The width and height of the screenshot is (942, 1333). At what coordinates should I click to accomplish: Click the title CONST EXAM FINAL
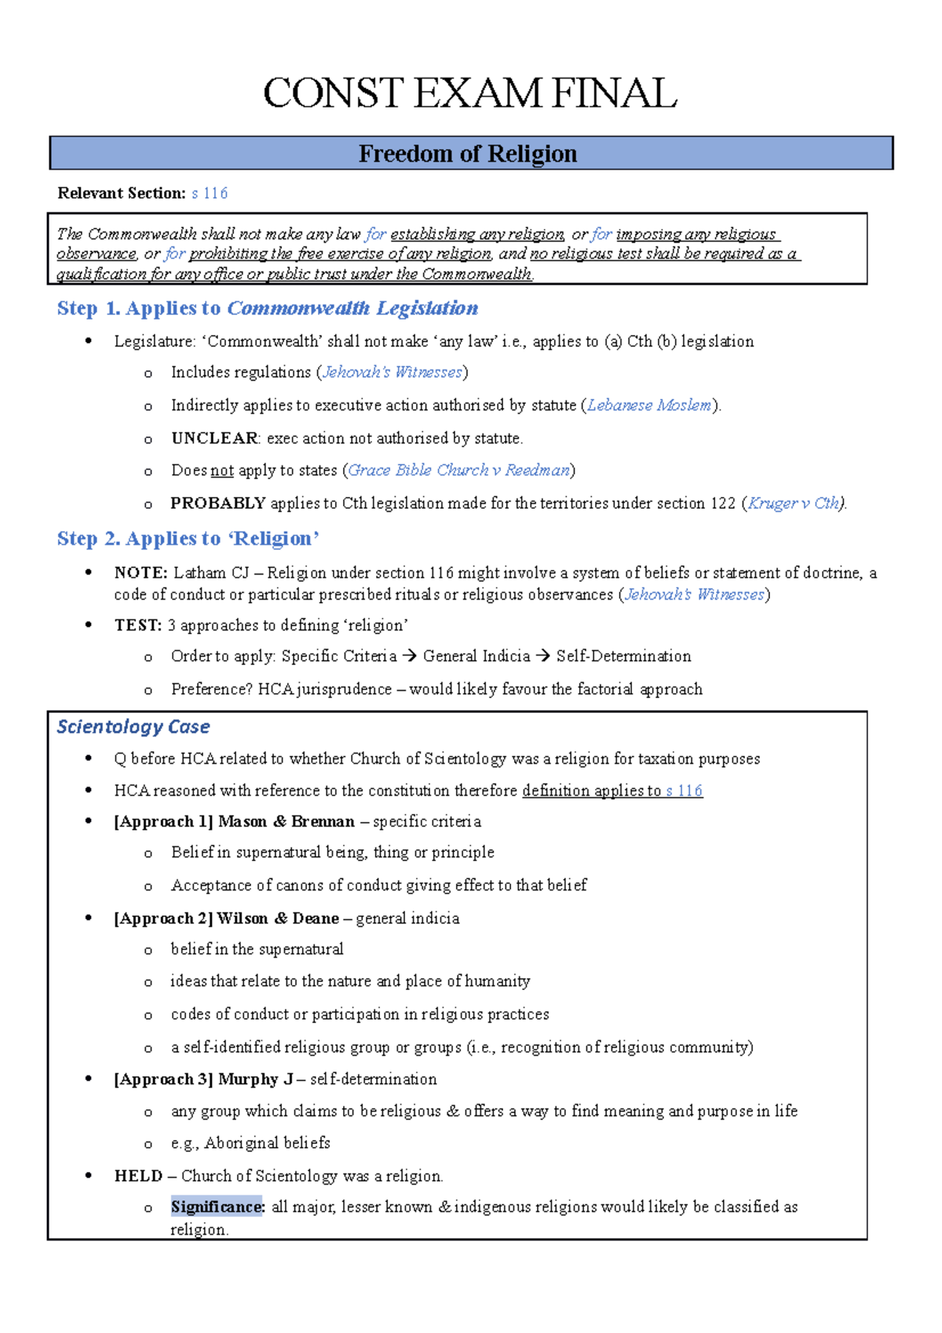coord(469,93)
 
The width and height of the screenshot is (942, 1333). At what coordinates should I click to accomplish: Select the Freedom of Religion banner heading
coord(468,154)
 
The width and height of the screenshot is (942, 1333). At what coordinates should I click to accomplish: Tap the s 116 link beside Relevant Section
coord(210,193)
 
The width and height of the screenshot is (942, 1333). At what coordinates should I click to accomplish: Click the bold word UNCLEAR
coord(214,438)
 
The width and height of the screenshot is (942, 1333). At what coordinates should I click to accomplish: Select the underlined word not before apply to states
coord(222,470)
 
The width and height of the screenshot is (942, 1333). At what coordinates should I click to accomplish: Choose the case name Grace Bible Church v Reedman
coord(458,470)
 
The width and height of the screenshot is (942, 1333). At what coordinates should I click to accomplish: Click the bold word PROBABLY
coord(218,503)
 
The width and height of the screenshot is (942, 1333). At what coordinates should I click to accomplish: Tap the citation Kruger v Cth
coord(793,503)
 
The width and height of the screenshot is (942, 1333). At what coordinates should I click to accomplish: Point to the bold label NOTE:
coord(141,573)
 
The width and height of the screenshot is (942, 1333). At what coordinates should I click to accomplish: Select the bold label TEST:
coord(138,626)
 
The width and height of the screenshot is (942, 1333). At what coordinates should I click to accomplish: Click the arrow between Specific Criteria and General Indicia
coord(410,656)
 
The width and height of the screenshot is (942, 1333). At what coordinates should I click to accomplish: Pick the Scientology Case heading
coord(133,727)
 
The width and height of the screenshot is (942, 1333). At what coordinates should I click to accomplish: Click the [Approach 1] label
coord(163,822)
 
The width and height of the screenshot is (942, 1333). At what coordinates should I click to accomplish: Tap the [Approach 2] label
coord(163,918)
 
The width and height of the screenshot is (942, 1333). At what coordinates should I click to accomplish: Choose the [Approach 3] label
coord(163,1079)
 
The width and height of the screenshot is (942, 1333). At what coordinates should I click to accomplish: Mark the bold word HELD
coord(138,1176)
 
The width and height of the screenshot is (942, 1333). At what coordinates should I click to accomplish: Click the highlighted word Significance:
coord(217,1207)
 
